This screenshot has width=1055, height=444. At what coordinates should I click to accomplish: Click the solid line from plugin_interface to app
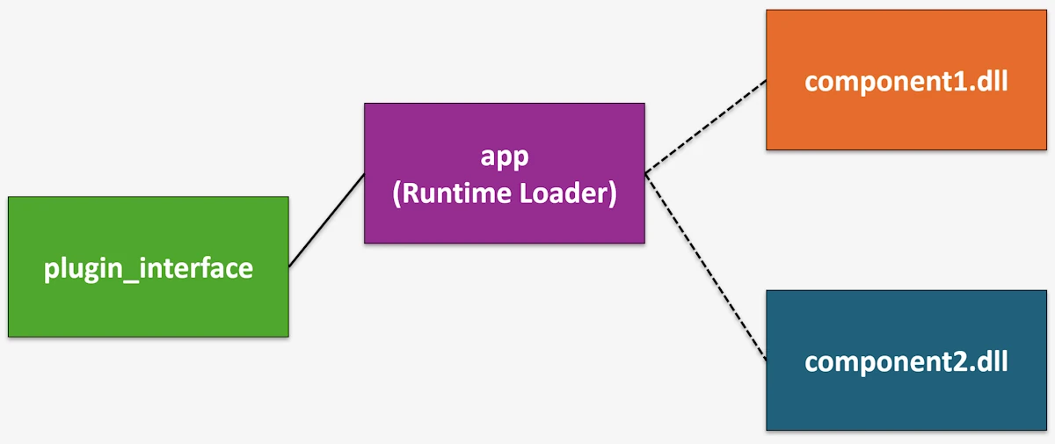326,220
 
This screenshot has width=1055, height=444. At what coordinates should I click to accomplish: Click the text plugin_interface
148,267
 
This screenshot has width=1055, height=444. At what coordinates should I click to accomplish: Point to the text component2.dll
906,361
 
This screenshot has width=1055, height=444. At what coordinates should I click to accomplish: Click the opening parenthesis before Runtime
397,193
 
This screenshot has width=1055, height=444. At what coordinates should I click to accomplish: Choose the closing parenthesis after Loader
612,193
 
